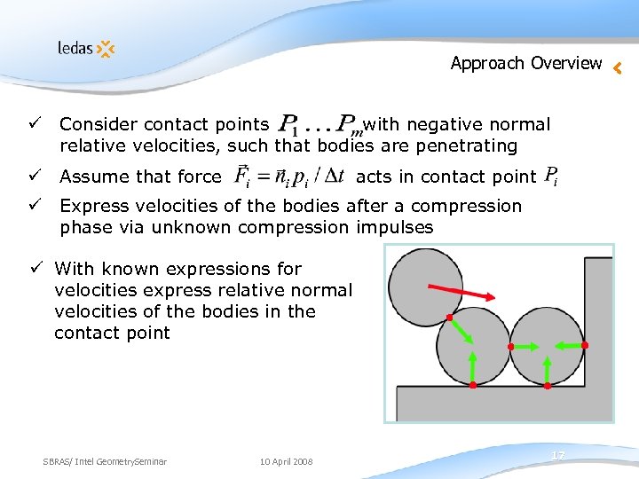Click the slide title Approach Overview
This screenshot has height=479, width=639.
(525, 63)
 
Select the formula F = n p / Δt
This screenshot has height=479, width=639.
(289, 177)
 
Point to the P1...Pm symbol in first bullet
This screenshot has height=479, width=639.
(315, 126)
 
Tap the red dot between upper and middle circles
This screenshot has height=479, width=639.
(449, 318)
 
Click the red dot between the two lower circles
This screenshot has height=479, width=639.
(510, 346)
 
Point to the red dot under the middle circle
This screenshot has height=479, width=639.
(472, 386)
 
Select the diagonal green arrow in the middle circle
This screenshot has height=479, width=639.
(460, 332)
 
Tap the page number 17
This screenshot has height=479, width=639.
(557, 455)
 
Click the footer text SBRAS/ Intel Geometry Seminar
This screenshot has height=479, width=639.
(105, 461)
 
